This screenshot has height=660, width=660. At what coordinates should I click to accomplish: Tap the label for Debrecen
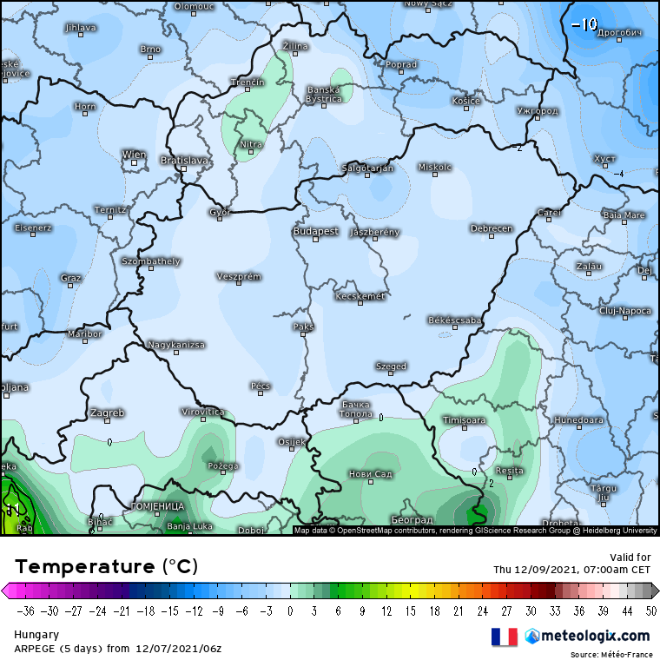pyautogui.click(x=492, y=228)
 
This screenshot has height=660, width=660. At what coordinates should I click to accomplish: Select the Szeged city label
pyautogui.click(x=391, y=366)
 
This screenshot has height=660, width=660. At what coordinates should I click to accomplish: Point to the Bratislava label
pyautogui.click(x=185, y=160)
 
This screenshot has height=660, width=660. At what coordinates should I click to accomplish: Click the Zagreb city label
pyautogui.click(x=108, y=412)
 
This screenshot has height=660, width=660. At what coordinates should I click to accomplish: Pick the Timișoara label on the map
pyautogui.click(x=465, y=420)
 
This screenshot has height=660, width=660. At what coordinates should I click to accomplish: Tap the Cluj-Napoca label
pyautogui.click(x=625, y=310)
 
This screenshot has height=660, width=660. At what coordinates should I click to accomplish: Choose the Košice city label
pyautogui.click(x=466, y=101)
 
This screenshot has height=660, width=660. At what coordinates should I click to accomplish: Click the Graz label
pyautogui.click(x=71, y=278)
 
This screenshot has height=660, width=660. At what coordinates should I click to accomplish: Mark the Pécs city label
pyautogui.click(x=261, y=386)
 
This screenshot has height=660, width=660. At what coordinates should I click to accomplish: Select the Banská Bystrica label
pyautogui.click(x=325, y=94)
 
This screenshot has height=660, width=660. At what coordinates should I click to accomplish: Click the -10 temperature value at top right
pyautogui.click(x=584, y=23)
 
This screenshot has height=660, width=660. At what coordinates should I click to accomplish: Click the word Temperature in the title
pyautogui.click(x=85, y=567)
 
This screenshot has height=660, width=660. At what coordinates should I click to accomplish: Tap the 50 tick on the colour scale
pyautogui.click(x=643, y=610)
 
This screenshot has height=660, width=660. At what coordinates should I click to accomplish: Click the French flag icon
pyautogui.click(x=505, y=637)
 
